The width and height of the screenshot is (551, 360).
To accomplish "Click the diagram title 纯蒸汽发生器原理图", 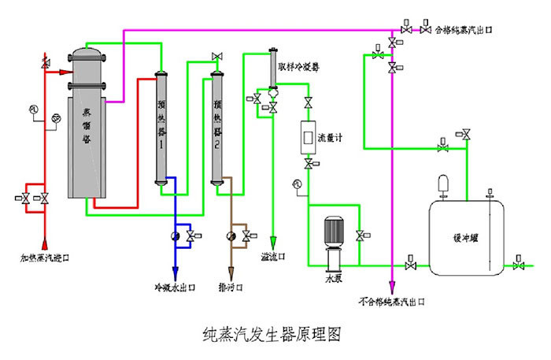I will point(271,333).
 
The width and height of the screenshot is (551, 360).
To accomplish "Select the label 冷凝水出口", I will point(175,287).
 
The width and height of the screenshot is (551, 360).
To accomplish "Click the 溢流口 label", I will point(272,257).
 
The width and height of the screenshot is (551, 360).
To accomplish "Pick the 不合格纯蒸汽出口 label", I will point(392,301).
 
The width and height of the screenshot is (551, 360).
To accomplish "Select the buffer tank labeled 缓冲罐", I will point(464,236).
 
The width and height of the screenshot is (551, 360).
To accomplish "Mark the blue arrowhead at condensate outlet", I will point(175,270).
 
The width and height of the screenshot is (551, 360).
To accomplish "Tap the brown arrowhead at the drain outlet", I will point(231,270).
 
